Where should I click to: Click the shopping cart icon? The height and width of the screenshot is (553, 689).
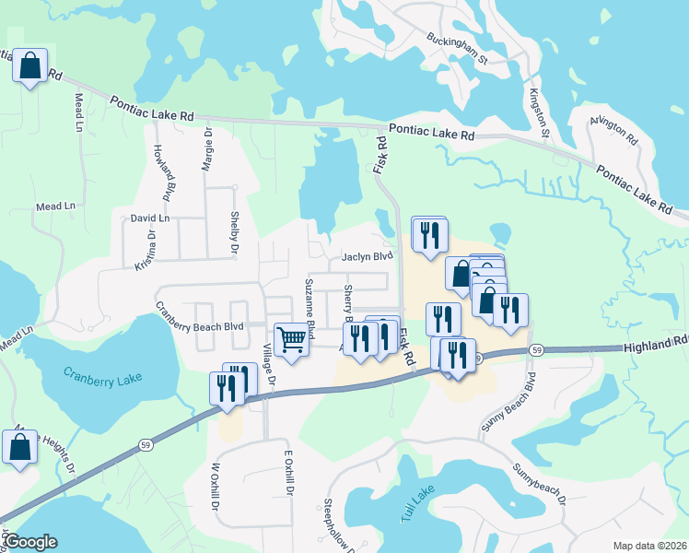[x=292, y=339]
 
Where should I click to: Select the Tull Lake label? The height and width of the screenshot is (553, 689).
[x=416, y=508]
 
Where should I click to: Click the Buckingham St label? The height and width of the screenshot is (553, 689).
[x=456, y=50]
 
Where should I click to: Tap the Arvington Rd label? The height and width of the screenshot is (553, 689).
[x=614, y=135]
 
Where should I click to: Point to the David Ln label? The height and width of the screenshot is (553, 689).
[x=149, y=218]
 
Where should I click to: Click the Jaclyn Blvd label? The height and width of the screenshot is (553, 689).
[x=368, y=257]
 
